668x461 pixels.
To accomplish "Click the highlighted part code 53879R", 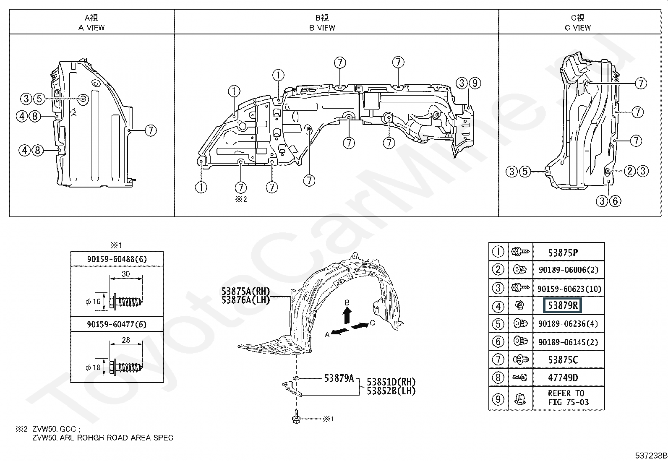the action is [562, 305].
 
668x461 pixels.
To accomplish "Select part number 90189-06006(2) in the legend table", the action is [569, 270].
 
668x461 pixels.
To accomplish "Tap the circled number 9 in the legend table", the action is [498, 399].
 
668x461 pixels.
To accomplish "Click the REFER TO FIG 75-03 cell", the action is [569, 398].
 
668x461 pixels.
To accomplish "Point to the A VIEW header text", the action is [91, 28].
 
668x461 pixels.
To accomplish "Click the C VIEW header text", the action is [578, 28].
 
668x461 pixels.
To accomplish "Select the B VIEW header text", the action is [322, 28].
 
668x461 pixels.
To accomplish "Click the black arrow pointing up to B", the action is [347, 315].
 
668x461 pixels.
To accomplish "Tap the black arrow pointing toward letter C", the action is [360, 326].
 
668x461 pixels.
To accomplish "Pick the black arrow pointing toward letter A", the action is [340, 331].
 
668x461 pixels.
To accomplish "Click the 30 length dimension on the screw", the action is [126, 274].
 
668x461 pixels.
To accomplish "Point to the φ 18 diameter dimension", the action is [93, 367].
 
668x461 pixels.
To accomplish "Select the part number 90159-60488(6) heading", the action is [117, 259].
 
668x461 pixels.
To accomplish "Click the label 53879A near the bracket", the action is [339, 378].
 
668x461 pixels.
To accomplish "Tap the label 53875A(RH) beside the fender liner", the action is [245, 291].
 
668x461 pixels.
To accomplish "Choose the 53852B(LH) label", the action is [391, 391].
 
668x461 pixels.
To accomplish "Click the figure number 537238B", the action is [651, 455].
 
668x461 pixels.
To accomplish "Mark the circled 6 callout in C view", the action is [615, 201].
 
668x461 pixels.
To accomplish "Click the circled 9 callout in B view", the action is [475, 83].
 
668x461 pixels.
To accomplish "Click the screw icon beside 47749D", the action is [520, 378].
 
